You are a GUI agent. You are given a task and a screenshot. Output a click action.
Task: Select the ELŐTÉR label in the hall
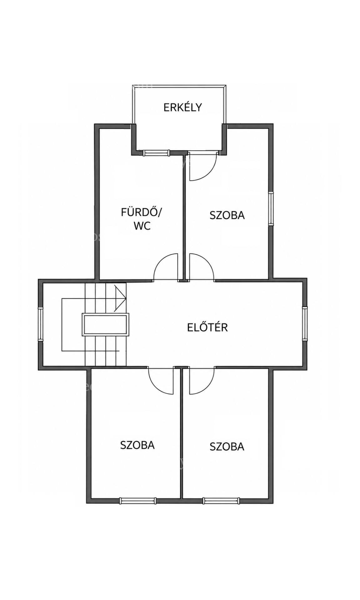tap(207, 327)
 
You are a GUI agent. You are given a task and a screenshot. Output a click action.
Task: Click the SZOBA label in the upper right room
tap(227, 215)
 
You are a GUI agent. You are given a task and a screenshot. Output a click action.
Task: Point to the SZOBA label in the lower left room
tap(137, 445)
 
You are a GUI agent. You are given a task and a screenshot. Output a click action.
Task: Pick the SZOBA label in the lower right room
tap(227, 446)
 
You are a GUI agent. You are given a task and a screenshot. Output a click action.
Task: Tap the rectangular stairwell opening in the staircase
tap(105, 325)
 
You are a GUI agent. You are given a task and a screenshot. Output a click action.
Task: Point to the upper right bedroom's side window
tap(271, 207)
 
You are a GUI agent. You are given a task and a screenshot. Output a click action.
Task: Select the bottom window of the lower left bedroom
tap(137, 501)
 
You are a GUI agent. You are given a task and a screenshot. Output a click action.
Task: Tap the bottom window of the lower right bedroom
tap(222, 501)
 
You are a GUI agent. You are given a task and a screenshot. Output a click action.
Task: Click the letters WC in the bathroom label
tap(142, 226)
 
